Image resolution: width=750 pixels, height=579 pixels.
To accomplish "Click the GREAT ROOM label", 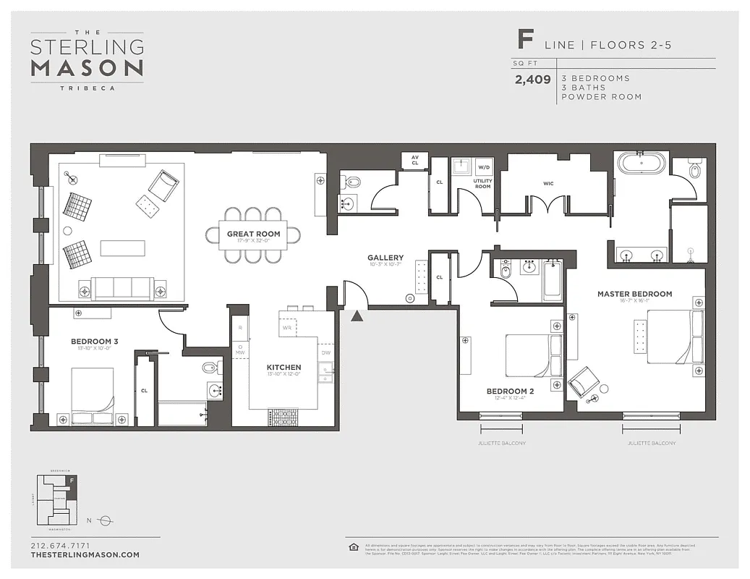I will click(253, 234).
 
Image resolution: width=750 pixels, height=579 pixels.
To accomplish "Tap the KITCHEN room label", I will click(284, 368).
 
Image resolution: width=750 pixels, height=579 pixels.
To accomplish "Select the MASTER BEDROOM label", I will click(634, 294).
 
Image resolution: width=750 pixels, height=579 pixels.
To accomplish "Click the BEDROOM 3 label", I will click(90, 341).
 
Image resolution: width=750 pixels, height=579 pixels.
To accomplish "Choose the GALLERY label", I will click(385, 258).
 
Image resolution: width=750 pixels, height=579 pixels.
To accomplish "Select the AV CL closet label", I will click(414, 161).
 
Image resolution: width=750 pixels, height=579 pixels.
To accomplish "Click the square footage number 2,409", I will click(532, 80).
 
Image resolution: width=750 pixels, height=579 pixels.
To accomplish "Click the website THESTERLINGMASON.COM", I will click(85, 555).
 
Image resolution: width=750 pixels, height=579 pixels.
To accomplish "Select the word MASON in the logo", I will click(87, 69).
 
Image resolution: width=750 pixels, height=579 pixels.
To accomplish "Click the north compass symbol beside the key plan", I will click(105, 520).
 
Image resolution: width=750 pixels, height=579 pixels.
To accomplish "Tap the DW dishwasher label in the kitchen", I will click(326, 352).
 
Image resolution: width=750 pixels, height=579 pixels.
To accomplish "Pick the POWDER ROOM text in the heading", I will click(601, 97).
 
